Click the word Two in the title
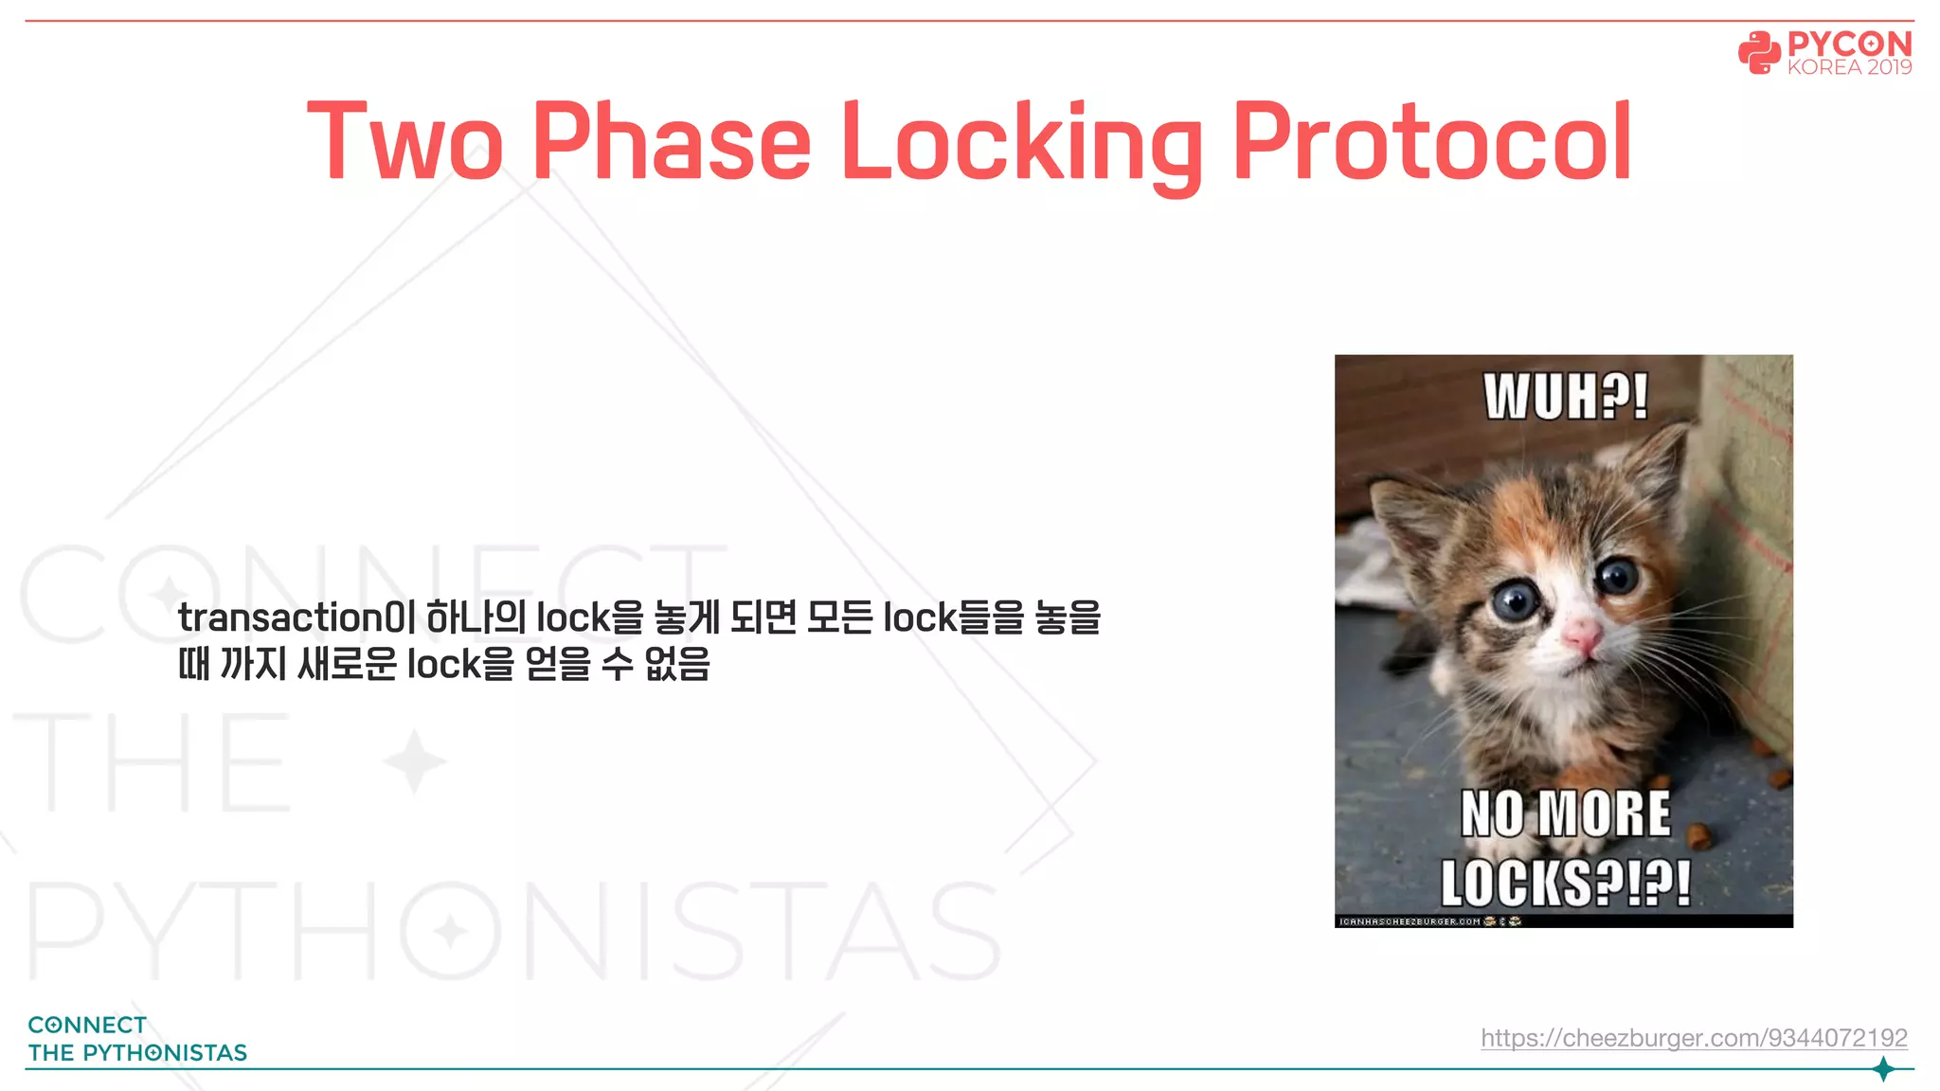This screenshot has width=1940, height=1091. pyautogui.click(x=405, y=142)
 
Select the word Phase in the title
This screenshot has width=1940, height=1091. pyautogui.click(x=672, y=142)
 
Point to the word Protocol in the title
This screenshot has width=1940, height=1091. pyautogui.click(x=1431, y=142)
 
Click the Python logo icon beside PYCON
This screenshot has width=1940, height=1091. pyautogui.click(x=1759, y=53)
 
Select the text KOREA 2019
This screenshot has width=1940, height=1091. pyautogui.click(x=1849, y=67)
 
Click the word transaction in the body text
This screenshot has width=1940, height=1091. pyautogui.click(x=282, y=617)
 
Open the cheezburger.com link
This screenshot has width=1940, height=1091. pyautogui.click(x=1694, y=1038)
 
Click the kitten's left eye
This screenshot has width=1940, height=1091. pyautogui.click(x=1518, y=599)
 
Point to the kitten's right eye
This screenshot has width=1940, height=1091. pyautogui.click(x=1618, y=575)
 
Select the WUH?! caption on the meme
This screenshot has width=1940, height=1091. pyautogui.click(x=1566, y=396)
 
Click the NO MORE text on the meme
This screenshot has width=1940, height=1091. pyautogui.click(x=1566, y=814)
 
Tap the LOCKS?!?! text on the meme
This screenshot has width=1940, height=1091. pyautogui.click(x=1566, y=883)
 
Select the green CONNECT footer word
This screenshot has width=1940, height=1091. pyautogui.click(x=87, y=1025)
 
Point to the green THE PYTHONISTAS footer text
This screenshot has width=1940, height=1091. pyautogui.click(x=137, y=1052)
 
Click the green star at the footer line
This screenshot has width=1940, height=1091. pyautogui.click(x=1884, y=1069)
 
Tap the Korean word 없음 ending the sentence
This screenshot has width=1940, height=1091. pyautogui.click(x=677, y=664)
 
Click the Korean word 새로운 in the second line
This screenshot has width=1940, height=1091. pyautogui.click(x=348, y=664)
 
